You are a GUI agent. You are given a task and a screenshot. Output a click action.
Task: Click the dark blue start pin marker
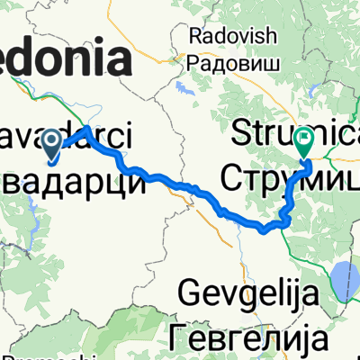point(50,142)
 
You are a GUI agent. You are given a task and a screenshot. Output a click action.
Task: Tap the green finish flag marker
point(304,141)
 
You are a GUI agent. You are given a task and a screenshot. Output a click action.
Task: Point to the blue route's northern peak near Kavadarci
point(88,130)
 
